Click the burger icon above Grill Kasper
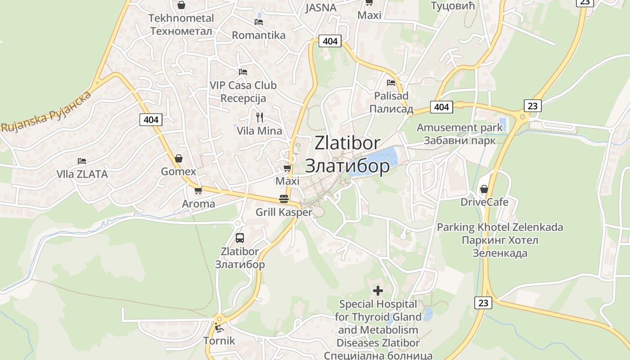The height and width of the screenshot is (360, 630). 283,198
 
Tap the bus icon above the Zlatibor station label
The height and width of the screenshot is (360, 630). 240,238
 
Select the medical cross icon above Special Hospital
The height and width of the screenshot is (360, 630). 378,291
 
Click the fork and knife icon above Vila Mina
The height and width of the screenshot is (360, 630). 259,117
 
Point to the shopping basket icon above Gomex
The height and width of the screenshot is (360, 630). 179,158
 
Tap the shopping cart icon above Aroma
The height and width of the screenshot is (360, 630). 198,190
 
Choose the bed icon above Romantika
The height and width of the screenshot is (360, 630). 259,22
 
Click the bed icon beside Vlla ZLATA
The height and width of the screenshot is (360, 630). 81,161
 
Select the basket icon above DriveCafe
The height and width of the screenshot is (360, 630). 484,189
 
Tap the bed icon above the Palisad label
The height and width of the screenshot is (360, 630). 391,83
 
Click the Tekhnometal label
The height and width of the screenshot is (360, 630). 181,18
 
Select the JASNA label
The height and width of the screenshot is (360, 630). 321,8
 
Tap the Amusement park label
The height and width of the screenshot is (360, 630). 459,127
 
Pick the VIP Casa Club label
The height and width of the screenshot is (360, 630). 243,85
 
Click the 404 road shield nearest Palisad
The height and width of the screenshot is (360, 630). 441,107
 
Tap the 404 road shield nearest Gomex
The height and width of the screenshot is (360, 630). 151,119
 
